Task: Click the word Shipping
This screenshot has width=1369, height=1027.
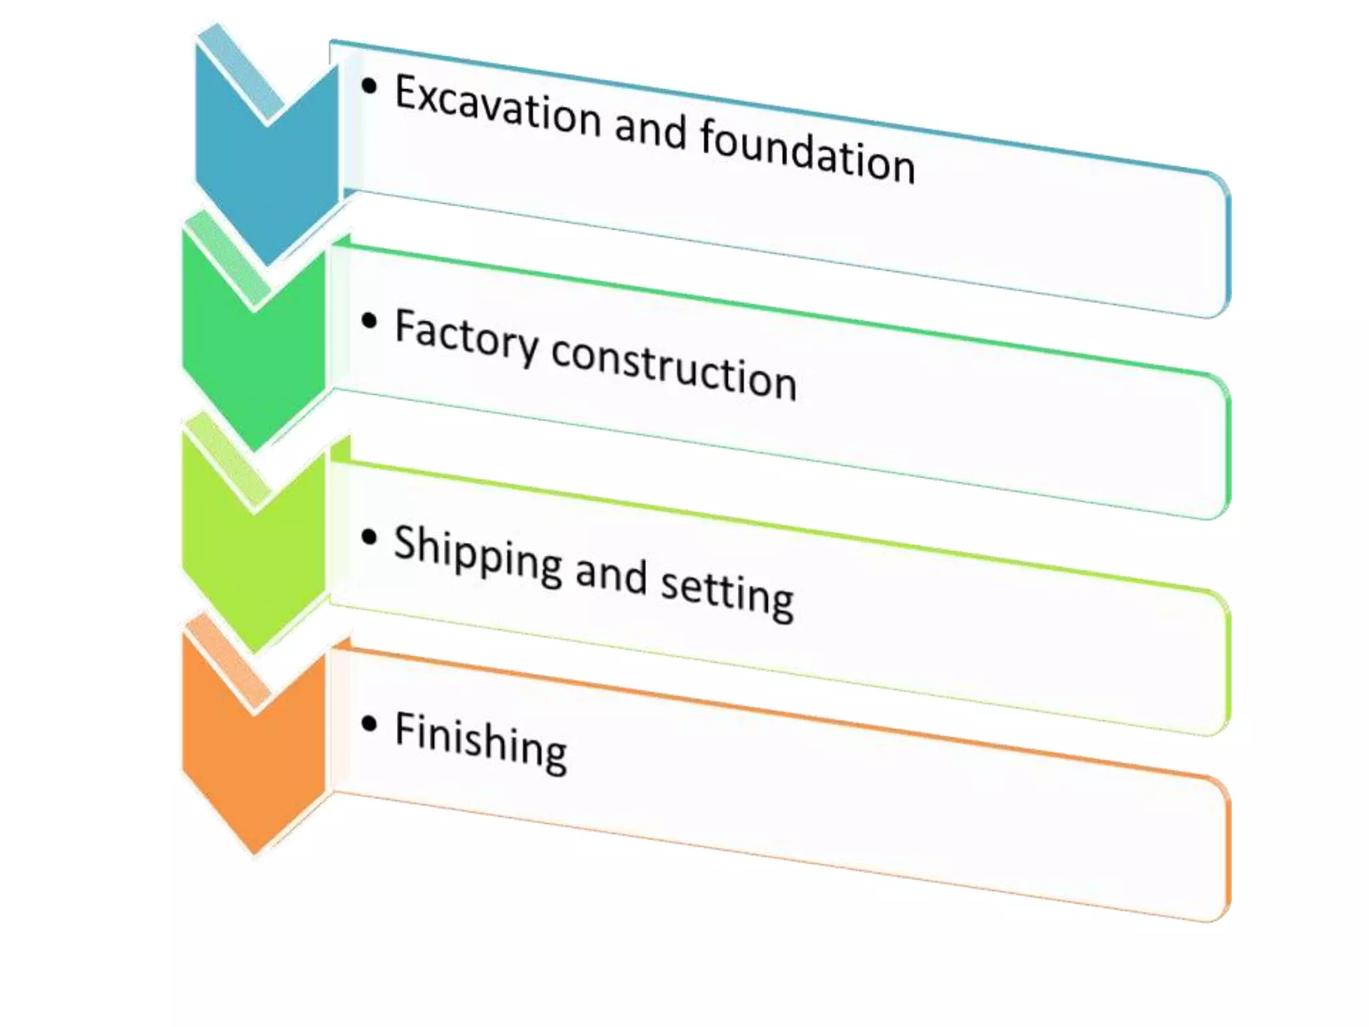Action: (478, 556)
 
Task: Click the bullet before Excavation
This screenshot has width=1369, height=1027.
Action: (369, 86)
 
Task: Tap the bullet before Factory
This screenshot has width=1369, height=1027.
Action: (369, 321)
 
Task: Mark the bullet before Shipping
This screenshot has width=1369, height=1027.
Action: (369, 537)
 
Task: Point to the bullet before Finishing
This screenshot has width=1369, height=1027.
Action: (369, 723)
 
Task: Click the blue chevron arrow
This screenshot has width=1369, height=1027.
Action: (267, 167)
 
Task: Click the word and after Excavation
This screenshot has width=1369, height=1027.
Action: (650, 130)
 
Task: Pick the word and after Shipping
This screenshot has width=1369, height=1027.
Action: (611, 576)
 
